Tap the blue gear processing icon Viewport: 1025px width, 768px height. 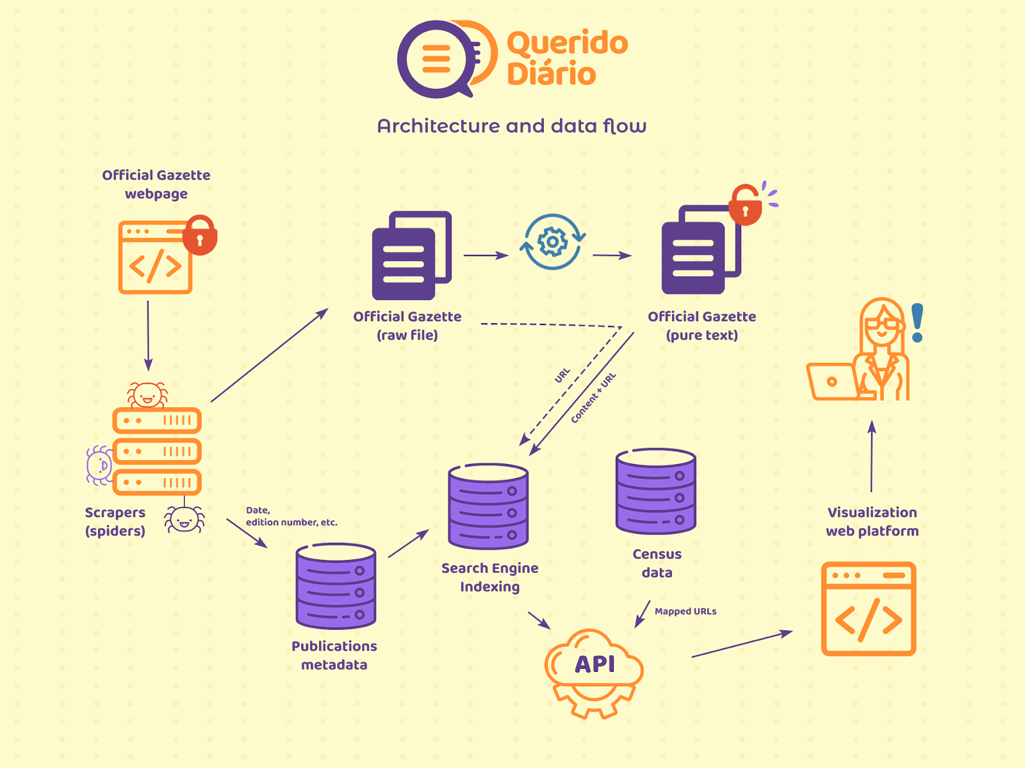click(552, 241)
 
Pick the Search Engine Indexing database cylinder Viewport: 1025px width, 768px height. click(488, 506)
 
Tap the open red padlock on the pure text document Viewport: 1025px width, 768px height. click(745, 205)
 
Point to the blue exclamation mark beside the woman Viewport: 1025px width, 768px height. click(917, 323)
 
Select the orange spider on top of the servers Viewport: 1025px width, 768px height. click(147, 395)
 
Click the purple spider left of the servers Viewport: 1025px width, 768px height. click(99, 465)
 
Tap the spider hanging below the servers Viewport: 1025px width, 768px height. click(184, 519)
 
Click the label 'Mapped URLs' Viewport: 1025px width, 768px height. click(685, 611)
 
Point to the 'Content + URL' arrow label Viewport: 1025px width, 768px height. click(593, 397)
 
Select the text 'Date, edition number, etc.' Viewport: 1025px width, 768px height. click(291, 516)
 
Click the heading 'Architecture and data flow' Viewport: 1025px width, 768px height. click(512, 126)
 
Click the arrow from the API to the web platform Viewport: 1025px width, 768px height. click(742, 644)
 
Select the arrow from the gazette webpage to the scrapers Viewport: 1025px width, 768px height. click(148, 336)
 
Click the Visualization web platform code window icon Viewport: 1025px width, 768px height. click(869, 609)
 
